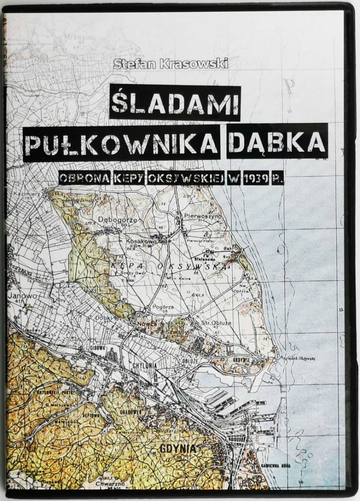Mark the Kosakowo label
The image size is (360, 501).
pyautogui.click(x=129, y=241)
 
